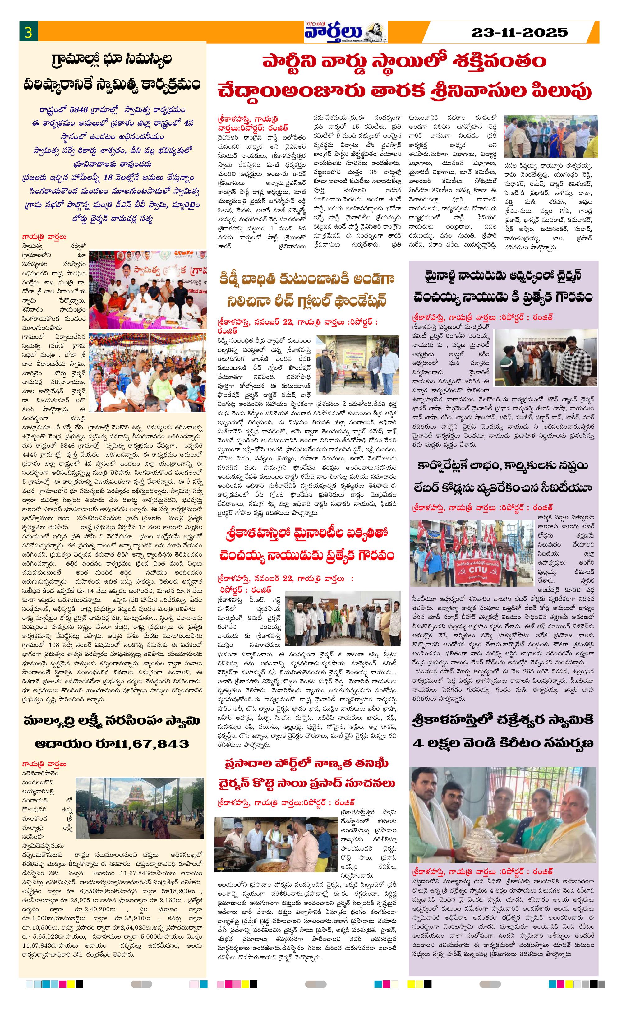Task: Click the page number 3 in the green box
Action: (28, 32)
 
